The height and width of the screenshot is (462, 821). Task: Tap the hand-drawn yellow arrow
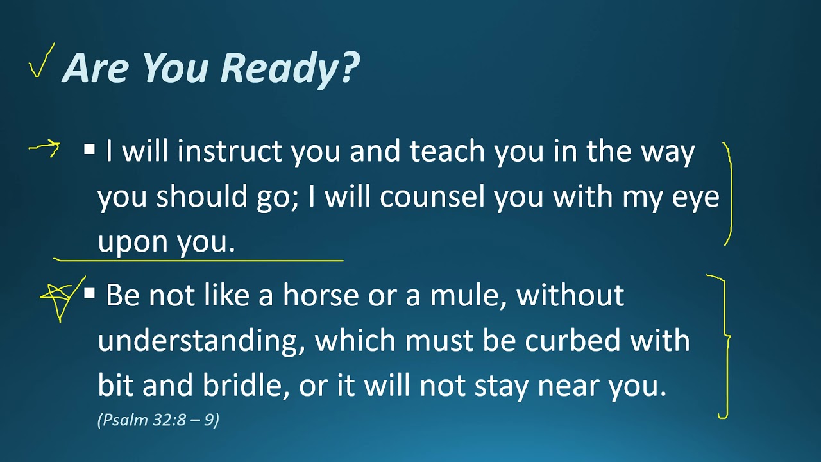pyautogui.click(x=45, y=150)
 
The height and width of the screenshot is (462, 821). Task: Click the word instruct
pyautogui.click(x=230, y=152)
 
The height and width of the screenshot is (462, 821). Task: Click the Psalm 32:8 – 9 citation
pyautogui.click(x=158, y=420)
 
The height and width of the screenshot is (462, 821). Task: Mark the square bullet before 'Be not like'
pyautogui.click(x=90, y=295)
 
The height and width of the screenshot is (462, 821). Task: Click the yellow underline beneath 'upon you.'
pyautogui.click(x=199, y=261)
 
